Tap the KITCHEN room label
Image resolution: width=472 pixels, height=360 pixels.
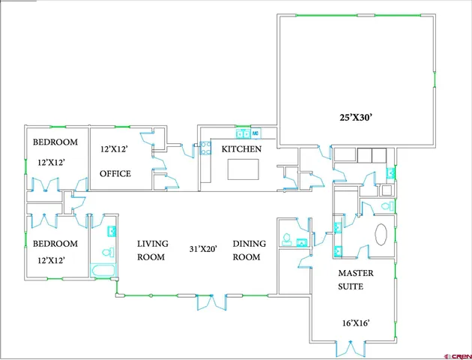tap(240, 149)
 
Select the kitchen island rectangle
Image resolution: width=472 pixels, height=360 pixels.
tap(241, 172)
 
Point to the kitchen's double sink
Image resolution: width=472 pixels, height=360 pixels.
tap(243, 133)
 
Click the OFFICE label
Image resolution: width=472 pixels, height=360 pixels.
tap(115, 174)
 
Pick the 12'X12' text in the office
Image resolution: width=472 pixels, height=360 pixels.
tap(115, 149)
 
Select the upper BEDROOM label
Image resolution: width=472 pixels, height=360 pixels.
tap(55, 142)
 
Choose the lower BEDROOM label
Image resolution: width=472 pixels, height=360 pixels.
tap(55, 244)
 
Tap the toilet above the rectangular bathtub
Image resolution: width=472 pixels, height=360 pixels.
tap(106, 252)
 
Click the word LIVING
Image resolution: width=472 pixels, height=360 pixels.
tap(153, 244)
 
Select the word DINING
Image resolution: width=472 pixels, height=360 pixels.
tap(246, 244)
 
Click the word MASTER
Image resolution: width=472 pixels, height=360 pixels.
tap(356, 273)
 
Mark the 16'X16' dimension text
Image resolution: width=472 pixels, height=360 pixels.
tap(354, 323)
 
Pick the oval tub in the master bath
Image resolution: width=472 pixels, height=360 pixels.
tap(380, 234)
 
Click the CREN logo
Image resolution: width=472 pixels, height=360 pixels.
tap(456, 354)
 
